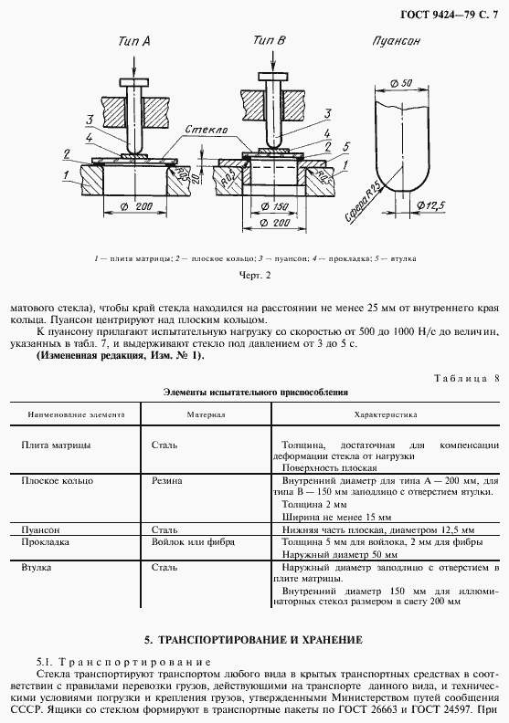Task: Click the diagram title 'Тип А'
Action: [134, 41]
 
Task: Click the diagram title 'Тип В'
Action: [270, 41]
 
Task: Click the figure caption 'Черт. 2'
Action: [254, 274]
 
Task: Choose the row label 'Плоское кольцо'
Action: [54, 479]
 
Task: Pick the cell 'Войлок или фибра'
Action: [192, 541]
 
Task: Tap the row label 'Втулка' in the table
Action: [36, 567]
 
